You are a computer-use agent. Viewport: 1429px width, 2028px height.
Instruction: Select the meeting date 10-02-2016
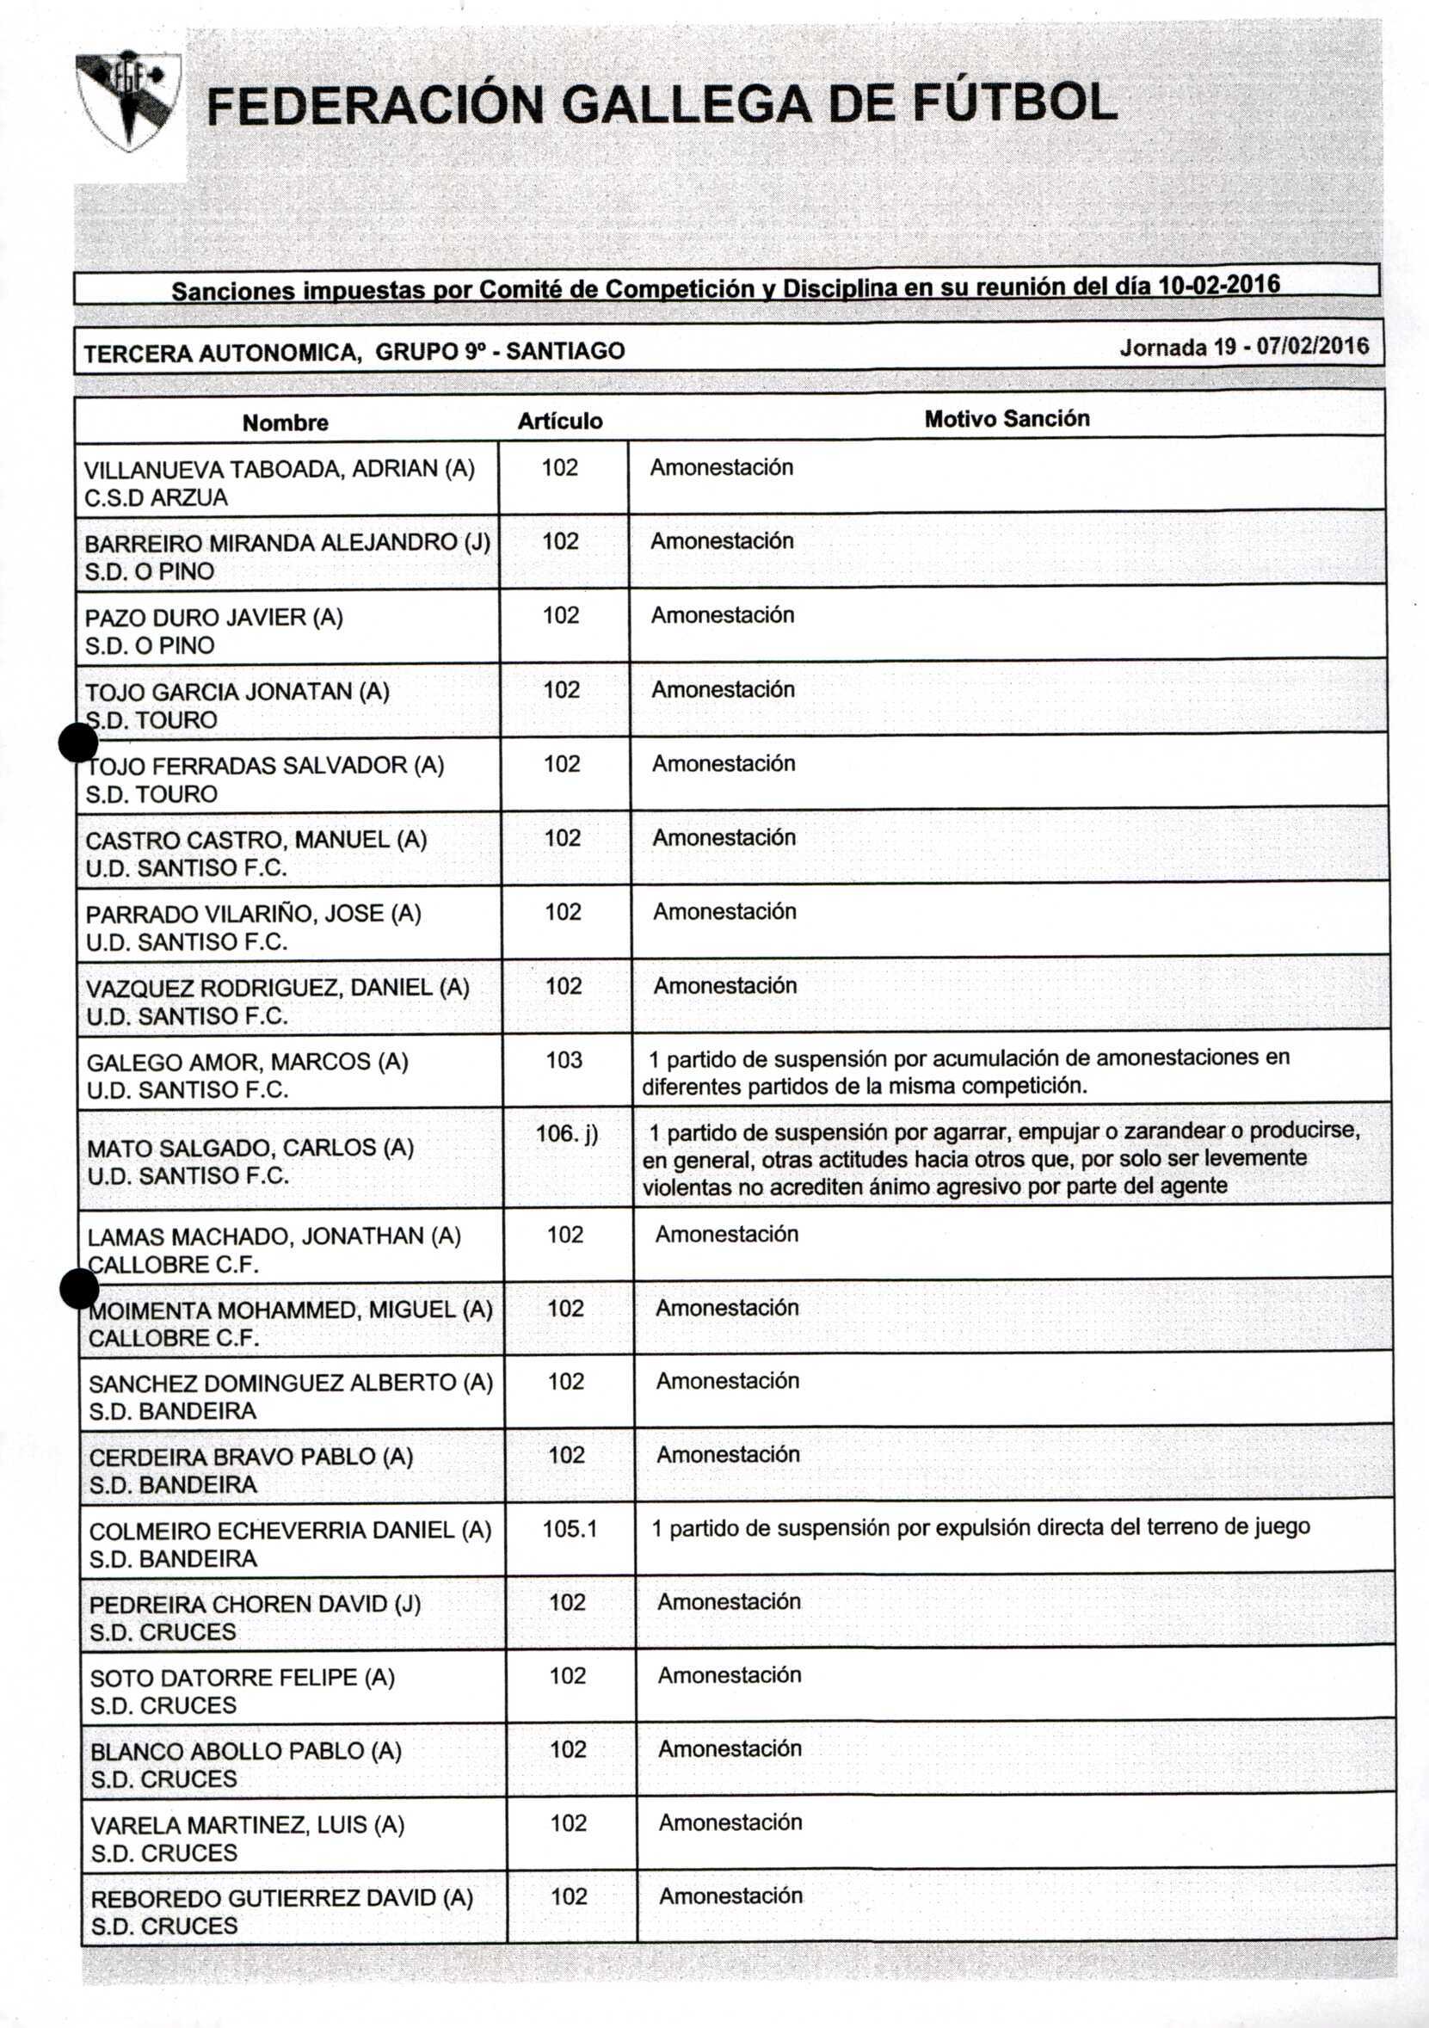(x=1218, y=286)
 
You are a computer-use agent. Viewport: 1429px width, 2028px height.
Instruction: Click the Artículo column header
(x=560, y=422)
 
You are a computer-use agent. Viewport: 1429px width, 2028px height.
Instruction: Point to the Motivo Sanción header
(x=1006, y=419)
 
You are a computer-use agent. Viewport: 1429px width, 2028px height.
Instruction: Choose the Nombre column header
(x=286, y=423)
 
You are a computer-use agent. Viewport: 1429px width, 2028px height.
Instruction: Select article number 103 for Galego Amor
(x=564, y=1059)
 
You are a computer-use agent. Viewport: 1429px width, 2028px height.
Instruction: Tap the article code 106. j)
(x=567, y=1133)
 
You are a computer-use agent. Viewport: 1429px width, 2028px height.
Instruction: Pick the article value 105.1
(x=570, y=1528)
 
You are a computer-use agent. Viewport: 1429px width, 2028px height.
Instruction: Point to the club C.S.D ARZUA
(x=157, y=498)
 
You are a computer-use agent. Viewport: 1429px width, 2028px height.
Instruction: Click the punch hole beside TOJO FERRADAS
(x=77, y=742)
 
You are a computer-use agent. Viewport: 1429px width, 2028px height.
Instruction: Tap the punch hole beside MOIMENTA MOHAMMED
(x=79, y=1289)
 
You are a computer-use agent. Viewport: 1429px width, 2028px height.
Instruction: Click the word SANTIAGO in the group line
(x=565, y=352)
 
